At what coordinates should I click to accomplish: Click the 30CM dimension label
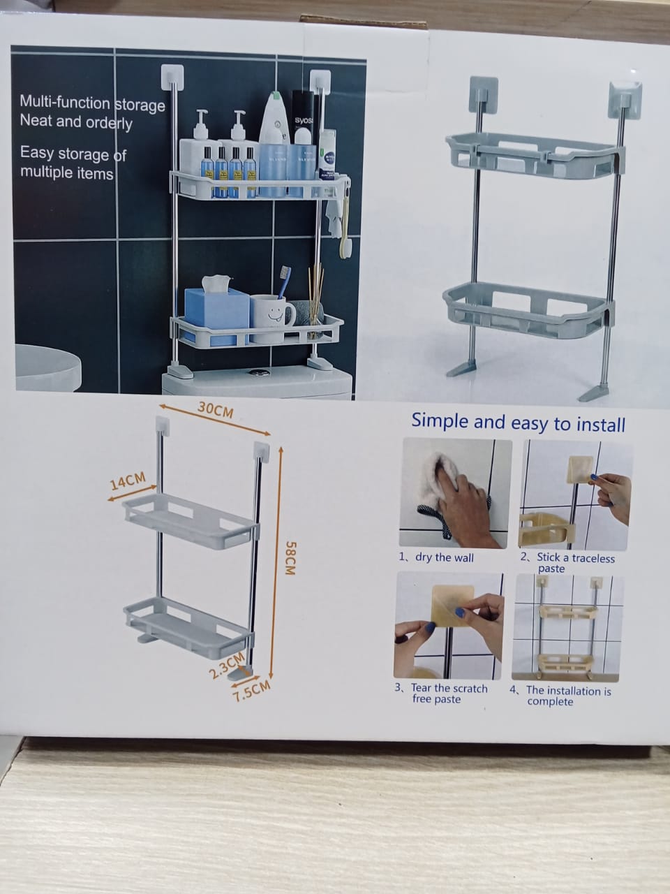point(215,410)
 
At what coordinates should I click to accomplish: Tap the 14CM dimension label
point(127,482)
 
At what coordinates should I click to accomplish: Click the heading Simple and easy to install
point(518,423)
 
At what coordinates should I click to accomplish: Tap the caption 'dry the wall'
point(436,557)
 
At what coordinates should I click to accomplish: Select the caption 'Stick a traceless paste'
point(567,563)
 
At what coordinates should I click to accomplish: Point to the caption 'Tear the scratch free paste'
point(442,693)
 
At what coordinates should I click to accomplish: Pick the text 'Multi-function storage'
point(92,103)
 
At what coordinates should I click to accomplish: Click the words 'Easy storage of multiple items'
point(72,162)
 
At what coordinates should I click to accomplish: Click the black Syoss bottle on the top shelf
point(305,136)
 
